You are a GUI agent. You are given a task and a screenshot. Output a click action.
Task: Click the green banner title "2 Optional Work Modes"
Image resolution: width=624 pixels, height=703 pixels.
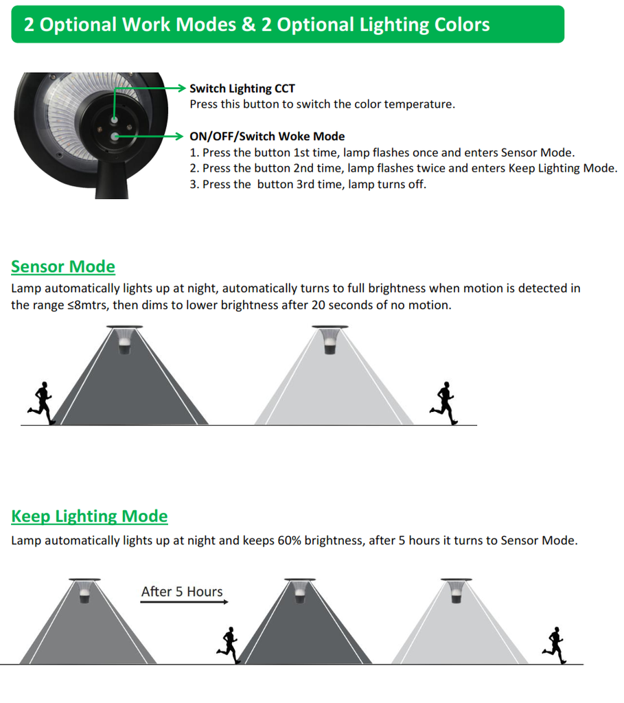130,24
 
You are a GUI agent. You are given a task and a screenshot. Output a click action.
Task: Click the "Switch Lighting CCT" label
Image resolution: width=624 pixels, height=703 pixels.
242,89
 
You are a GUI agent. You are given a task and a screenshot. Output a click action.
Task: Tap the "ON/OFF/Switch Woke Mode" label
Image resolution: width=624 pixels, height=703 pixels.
267,137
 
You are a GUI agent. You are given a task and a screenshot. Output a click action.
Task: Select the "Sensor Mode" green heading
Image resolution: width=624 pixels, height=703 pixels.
63,266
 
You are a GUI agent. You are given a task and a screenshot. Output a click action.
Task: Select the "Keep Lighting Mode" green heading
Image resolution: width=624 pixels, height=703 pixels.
90,516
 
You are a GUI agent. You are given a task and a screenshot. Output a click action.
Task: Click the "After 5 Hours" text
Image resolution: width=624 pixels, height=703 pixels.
182,591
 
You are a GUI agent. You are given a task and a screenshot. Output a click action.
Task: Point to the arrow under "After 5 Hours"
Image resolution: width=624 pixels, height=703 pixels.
184,601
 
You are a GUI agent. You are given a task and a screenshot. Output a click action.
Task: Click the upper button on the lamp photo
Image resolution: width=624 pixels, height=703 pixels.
115,119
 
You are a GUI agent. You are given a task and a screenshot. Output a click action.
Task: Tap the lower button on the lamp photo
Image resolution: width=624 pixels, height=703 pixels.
115,137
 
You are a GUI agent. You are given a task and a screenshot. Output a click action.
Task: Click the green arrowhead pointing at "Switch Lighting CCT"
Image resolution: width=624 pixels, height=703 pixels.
181,88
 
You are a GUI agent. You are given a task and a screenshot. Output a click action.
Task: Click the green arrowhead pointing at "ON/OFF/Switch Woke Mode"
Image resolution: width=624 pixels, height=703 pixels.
179,137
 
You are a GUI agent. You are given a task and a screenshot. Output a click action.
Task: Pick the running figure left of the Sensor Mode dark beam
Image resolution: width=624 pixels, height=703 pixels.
42,403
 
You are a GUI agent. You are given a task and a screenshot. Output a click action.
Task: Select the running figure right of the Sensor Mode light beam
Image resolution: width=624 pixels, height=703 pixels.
443,403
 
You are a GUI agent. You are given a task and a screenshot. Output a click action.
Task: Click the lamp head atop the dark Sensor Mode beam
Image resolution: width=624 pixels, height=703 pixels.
125,340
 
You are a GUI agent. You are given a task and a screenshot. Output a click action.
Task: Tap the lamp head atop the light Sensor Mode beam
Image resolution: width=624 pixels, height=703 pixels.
330,340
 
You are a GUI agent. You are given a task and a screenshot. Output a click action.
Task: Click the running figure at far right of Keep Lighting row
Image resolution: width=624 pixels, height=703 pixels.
555,645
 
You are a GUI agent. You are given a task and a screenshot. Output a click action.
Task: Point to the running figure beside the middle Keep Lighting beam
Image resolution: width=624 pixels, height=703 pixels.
229,645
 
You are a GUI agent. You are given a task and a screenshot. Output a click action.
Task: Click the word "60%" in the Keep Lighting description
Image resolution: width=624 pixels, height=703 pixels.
289,540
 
